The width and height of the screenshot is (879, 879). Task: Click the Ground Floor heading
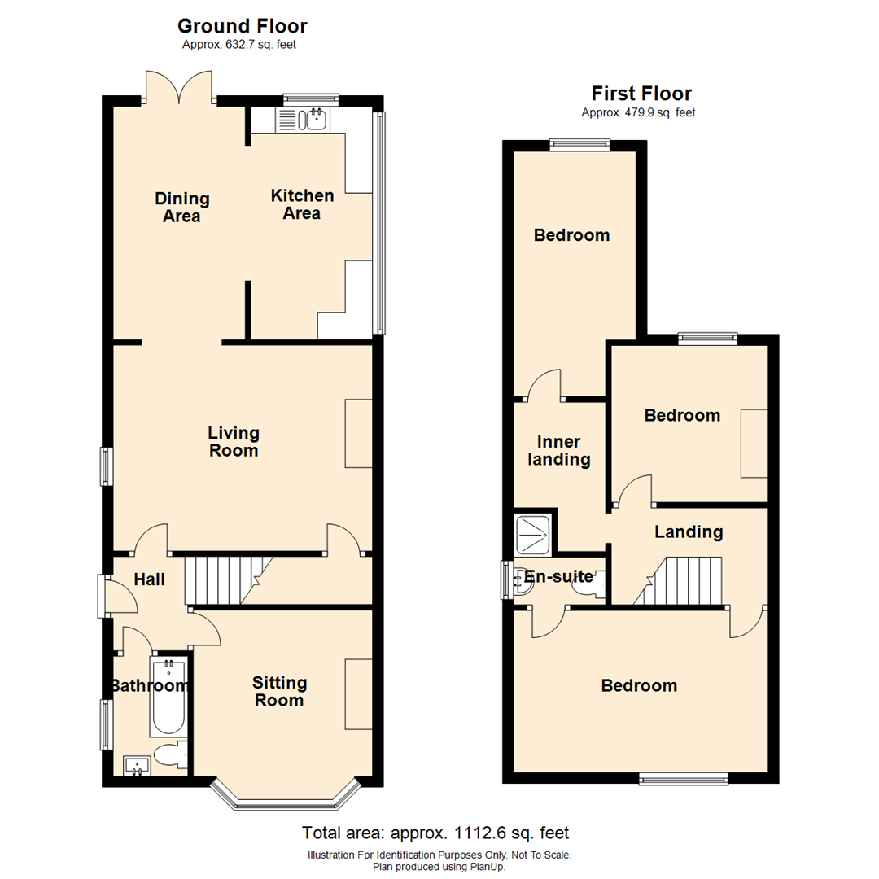pyautogui.click(x=243, y=26)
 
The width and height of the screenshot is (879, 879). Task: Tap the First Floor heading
pyautogui.click(x=641, y=93)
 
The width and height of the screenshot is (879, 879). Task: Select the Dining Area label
pyautogui.click(x=182, y=207)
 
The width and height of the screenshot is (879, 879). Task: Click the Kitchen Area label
pyautogui.click(x=302, y=204)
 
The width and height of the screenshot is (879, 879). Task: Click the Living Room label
pyautogui.click(x=234, y=441)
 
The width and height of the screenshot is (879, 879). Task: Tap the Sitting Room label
pyautogui.click(x=279, y=691)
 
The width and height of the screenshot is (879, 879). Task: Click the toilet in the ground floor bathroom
pyautogui.click(x=171, y=755)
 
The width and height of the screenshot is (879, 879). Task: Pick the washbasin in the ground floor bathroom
pyautogui.click(x=137, y=765)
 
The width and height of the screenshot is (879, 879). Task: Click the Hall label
pyautogui.click(x=149, y=579)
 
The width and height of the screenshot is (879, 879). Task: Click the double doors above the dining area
pyautogui.click(x=179, y=87)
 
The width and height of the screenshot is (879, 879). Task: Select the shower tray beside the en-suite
pyautogui.click(x=532, y=535)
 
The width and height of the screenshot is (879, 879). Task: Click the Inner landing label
pyautogui.click(x=559, y=450)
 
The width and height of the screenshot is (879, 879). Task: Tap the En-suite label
pyautogui.click(x=558, y=576)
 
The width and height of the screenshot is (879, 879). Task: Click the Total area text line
pyautogui.click(x=435, y=833)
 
